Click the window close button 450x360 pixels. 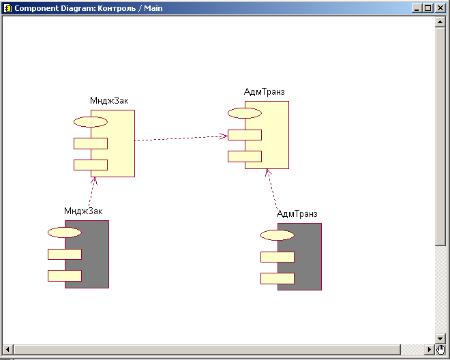point(440,8)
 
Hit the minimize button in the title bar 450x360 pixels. point(417,8)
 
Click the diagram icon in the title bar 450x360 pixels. point(7,8)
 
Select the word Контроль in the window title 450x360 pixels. point(117,8)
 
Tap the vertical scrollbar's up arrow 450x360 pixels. point(440,22)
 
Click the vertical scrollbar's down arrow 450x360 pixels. point(440,338)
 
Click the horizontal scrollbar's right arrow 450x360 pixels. point(430,349)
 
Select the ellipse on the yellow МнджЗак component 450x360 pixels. point(91,122)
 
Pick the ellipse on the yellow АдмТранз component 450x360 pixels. point(245,113)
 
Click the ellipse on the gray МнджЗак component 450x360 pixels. point(65,232)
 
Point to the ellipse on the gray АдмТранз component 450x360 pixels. point(277,235)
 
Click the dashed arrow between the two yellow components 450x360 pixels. point(181,138)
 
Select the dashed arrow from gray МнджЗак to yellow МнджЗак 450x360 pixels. point(92,192)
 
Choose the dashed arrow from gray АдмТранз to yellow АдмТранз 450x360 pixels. point(271,189)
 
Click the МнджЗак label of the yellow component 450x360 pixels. point(109,101)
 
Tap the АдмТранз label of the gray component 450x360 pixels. point(297,214)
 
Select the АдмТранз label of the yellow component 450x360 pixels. point(265,92)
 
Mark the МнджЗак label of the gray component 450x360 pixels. point(83,211)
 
